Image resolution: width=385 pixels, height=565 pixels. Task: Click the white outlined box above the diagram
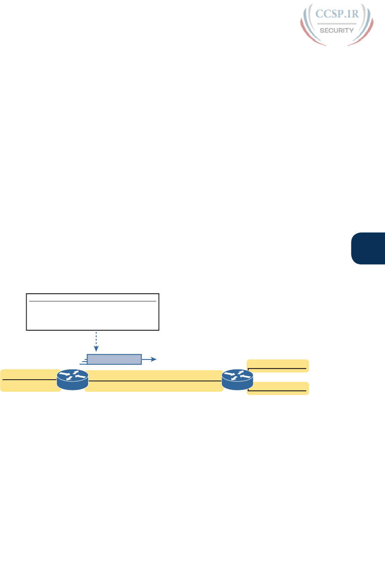tap(92, 312)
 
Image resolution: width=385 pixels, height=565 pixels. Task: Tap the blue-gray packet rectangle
tap(114, 359)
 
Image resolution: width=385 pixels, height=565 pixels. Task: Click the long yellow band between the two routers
tap(154, 381)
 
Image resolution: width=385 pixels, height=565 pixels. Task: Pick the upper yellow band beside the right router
tap(278, 365)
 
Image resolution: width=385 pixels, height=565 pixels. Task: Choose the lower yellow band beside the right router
tap(278, 388)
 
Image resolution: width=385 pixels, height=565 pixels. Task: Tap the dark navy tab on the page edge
tap(368, 248)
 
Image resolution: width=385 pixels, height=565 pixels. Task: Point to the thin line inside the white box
tap(92, 302)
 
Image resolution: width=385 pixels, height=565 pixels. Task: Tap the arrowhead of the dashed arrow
tap(96, 350)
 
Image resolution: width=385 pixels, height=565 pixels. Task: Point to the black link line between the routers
tap(154, 381)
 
